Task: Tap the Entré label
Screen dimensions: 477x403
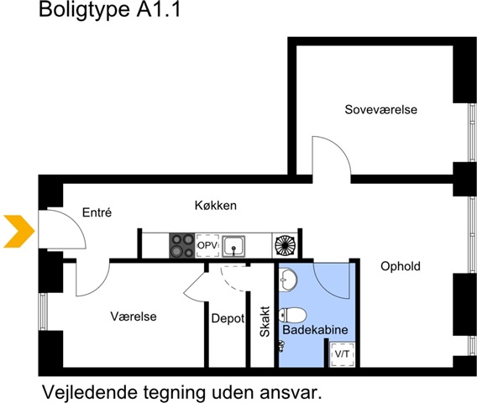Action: [x=97, y=212]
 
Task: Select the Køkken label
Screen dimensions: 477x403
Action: [x=216, y=206]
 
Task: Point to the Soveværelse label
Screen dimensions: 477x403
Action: [x=381, y=109]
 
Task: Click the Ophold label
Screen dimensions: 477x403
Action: [x=401, y=266]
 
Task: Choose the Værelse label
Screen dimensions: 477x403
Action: [x=134, y=317]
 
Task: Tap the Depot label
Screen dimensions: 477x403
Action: [x=228, y=318]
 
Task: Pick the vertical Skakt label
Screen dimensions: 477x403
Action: [x=265, y=322]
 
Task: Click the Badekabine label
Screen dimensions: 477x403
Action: [x=315, y=330]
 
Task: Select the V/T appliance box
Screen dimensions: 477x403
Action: [x=343, y=354]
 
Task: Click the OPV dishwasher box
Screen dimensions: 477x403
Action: [x=207, y=245]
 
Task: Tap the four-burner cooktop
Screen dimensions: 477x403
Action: [x=182, y=245]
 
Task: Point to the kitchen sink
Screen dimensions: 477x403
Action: [x=233, y=246]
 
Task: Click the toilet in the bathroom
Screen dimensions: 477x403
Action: [x=292, y=315]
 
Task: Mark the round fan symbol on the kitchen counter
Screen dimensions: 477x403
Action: [x=285, y=245]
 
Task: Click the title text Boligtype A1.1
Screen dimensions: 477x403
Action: [x=110, y=9]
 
